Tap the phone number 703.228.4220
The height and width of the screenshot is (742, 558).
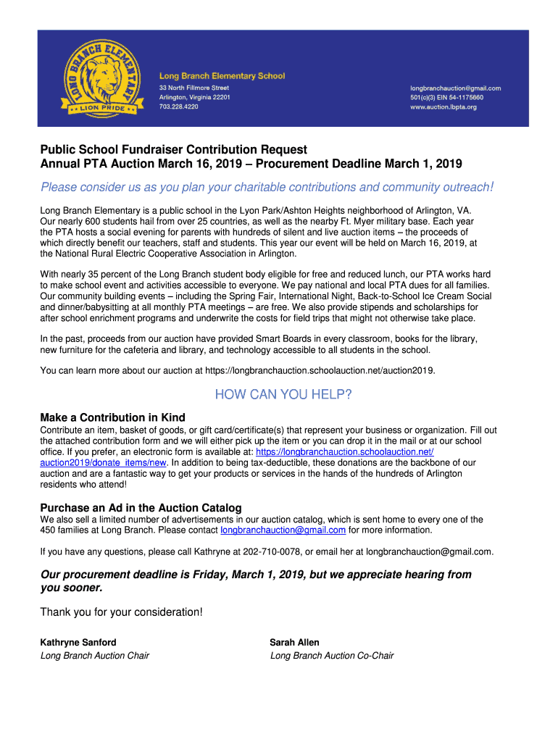[x=178, y=107]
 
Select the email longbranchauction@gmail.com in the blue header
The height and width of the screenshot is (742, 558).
[x=455, y=88]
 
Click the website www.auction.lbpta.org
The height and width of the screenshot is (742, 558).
[x=444, y=107]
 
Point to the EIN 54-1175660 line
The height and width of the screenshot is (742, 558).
[x=446, y=98]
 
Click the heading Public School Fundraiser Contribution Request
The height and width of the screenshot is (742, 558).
[x=174, y=150]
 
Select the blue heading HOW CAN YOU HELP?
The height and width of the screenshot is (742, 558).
[x=283, y=395]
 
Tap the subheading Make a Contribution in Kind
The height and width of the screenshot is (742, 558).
[x=113, y=418]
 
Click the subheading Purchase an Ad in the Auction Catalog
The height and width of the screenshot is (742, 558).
[x=141, y=508]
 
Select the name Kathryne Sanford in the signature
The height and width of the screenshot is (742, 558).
[x=78, y=643]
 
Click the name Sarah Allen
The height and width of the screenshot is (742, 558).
[x=294, y=643]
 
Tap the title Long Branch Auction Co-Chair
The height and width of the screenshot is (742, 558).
[x=332, y=656]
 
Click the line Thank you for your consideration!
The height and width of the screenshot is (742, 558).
[x=122, y=613]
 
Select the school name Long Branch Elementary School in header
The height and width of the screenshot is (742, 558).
[x=222, y=76]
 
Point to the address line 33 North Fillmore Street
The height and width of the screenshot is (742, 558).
[x=194, y=88]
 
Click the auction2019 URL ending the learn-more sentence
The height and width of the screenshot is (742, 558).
[x=320, y=371]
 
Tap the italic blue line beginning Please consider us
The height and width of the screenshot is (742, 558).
[x=267, y=188]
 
